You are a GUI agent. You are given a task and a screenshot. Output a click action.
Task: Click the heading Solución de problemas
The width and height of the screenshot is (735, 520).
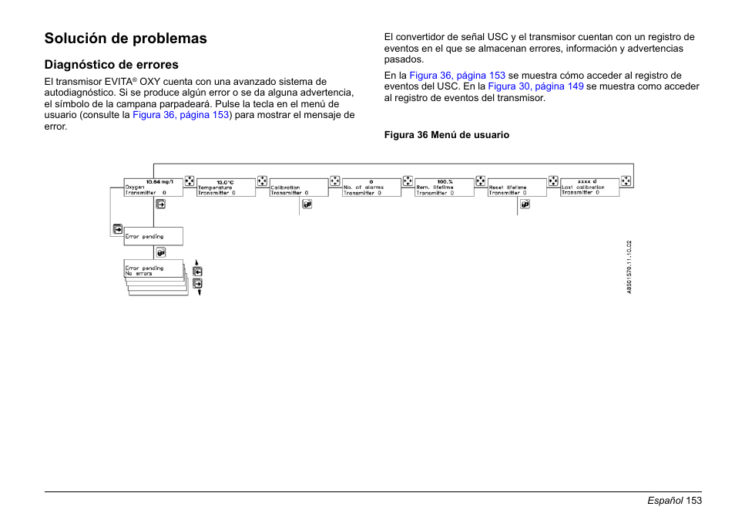tap(126, 39)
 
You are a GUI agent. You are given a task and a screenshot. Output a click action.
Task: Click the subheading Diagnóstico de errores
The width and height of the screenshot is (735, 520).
tap(111, 65)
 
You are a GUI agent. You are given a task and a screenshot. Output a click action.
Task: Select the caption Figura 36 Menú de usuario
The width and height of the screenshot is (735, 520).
tap(447, 135)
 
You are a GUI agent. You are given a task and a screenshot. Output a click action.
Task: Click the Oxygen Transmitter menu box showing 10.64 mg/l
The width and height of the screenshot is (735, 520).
tap(153, 187)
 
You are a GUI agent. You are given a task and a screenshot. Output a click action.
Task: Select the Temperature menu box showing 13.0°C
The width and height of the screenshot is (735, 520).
tap(226, 187)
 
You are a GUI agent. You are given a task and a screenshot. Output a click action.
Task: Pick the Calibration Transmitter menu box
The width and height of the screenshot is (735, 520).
tap(298, 187)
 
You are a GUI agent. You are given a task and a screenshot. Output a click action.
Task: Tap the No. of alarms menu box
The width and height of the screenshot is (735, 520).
tap(371, 187)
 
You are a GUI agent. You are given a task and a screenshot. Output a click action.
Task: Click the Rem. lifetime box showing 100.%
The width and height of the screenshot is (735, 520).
tap(444, 187)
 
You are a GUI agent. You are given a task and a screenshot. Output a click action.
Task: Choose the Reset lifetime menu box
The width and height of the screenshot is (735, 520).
tap(516, 187)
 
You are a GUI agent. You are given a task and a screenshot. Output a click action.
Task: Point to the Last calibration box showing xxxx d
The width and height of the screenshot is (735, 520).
tap(589, 187)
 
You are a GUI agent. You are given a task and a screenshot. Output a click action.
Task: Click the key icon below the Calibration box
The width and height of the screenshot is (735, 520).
tap(307, 204)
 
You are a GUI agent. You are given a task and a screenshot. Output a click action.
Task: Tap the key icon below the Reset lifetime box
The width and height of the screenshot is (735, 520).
tap(525, 204)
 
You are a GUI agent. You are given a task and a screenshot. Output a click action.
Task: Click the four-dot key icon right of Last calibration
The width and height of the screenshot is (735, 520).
tap(626, 181)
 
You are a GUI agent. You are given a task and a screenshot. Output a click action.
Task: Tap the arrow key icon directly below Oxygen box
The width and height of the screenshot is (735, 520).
tap(161, 204)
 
